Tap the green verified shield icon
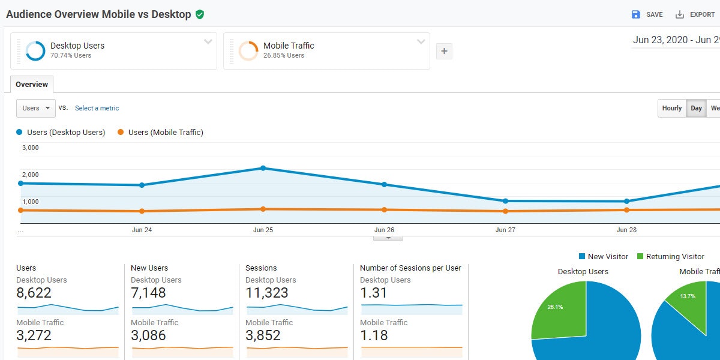pos(200,14)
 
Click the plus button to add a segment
pos(444,52)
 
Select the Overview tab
pos(32,85)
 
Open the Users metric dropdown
pos(36,108)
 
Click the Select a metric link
pos(97,108)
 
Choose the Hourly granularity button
pos(671,108)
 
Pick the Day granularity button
pos(696,108)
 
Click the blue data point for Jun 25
pos(263,168)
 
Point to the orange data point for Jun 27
pos(505,211)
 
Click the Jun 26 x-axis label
pos(384,230)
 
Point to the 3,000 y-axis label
pos(30,148)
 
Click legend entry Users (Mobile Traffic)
pos(160,132)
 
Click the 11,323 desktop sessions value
pos(267,293)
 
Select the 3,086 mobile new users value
pos(148,335)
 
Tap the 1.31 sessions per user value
pos(374,293)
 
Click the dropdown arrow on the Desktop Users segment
pos(208,42)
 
